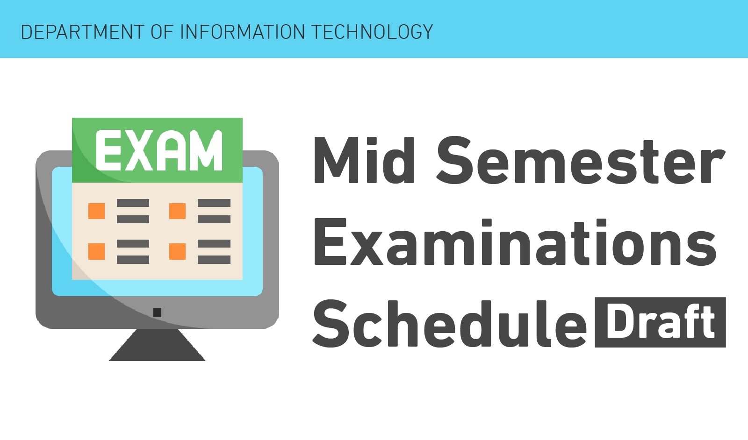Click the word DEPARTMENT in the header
coord(82,32)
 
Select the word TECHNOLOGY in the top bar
coord(372,32)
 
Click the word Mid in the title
coord(364,160)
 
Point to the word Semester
coord(580,160)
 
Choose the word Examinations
coord(515,242)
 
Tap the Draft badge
coord(660,322)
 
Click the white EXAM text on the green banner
coord(159,150)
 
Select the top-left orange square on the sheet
coord(96,211)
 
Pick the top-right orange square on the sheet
coord(177,211)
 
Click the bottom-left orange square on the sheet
coord(96,251)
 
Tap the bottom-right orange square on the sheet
coord(177,251)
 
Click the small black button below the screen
coord(157,312)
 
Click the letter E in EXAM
coord(108,150)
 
